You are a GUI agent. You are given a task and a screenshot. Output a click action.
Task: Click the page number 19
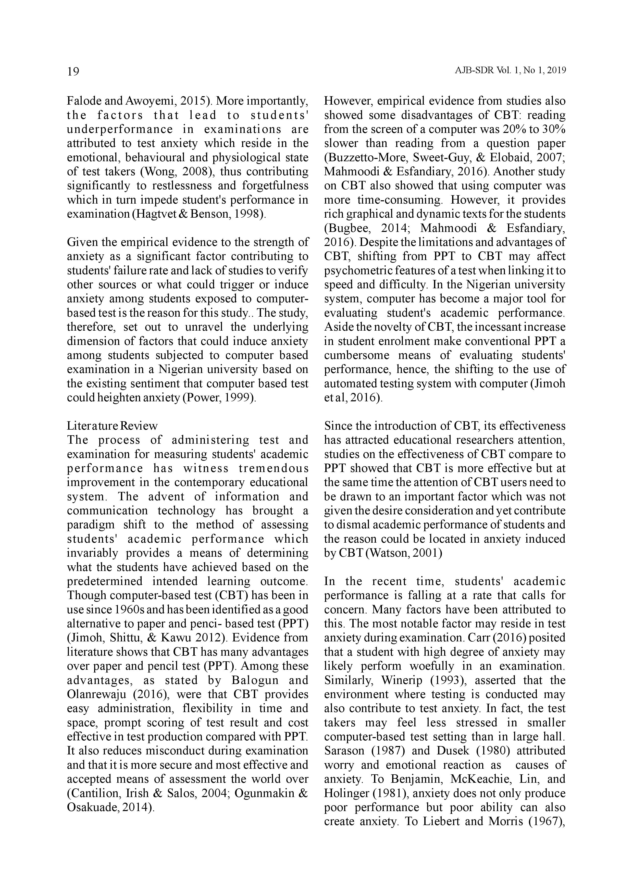coord(73,72)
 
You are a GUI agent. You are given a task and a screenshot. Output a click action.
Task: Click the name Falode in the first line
coord(83,101)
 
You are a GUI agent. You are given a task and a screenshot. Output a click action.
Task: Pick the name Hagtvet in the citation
coord(155,214)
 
